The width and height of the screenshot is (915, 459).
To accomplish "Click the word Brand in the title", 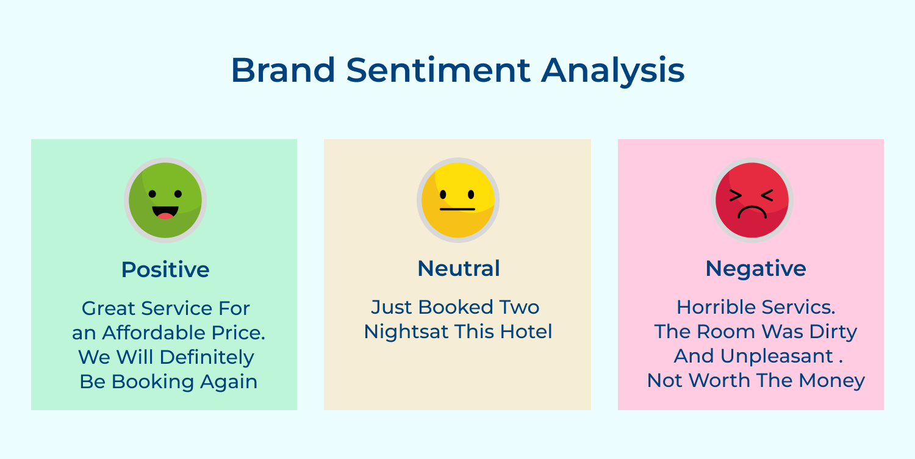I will click(x=282, y=70).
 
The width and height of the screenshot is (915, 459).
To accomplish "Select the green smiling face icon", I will click(x=165, y=200).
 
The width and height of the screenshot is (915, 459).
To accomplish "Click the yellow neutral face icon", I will click(x=458, y=200).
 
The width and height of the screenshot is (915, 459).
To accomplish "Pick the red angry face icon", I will click(x=752, y=200).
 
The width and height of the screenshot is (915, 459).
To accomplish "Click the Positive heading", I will click(x=165, y=269).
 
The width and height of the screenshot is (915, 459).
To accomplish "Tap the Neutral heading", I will click(x=459, y=269).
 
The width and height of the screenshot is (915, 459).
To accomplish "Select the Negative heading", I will click(x=756, y=269).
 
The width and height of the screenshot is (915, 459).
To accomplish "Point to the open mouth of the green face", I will click(x=165, y=213).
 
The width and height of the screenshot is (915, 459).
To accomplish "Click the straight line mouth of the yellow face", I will click(x=457, y=209).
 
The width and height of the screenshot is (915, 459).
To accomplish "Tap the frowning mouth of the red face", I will click(x=752, y=212).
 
